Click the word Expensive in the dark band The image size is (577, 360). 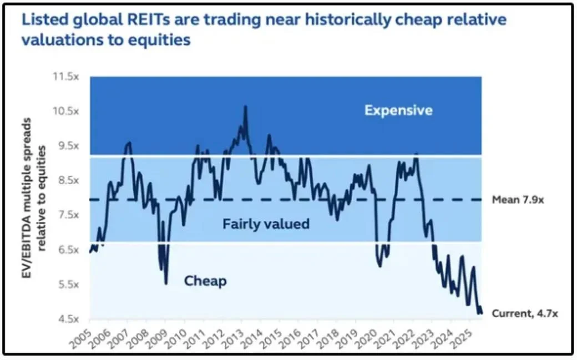click(x=398, y=110)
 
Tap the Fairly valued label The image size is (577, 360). click(x=266, y=225)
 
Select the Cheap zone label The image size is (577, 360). click(x=205, y=281)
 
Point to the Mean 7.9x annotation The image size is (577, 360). click(x=518, y=200)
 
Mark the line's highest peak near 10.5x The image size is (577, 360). click(x=245, y=107)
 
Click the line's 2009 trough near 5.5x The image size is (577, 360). click(x=166, y=283)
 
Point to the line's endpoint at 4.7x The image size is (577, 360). click(x=480, y=313)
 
